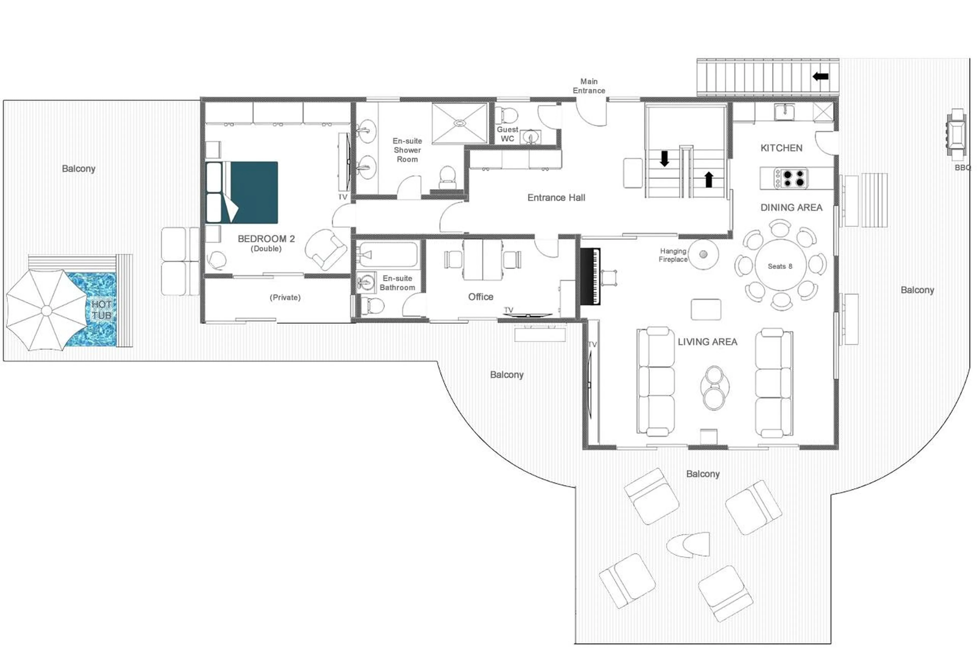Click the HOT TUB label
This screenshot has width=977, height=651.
102,310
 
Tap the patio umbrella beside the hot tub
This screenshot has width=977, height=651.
47,311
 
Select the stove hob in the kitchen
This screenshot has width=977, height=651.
791,178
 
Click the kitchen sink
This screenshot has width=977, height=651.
784,111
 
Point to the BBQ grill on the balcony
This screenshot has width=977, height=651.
956,134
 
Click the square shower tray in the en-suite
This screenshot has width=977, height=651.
459,123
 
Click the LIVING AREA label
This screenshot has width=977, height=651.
707,342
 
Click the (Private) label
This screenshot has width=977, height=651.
285,297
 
